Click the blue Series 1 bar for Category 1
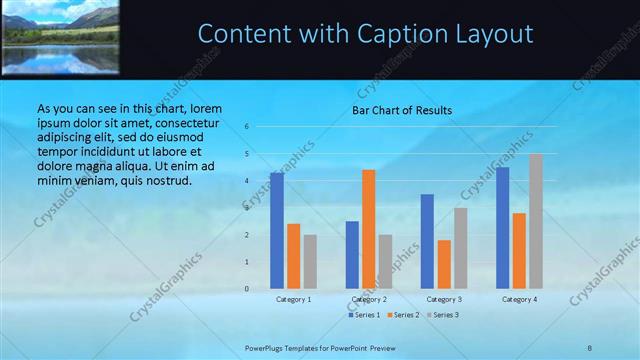tap(277, 230)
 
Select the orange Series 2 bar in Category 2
tap(369, 229)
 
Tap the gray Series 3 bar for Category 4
tap(536, 221)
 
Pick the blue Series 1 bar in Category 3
tap(427, 241)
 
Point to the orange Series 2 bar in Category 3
tap(444, 264)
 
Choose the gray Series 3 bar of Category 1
tap(310, 261)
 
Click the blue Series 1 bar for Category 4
tap(502, 227)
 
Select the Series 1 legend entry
tap(365, 315)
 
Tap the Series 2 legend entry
tap(402, 315)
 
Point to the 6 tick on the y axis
tap(246, 127)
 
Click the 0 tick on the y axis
tap(246, 289)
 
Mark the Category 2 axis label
tap(369, 299)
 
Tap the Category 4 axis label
tap(519, 299)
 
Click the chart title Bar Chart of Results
tap(401, 110)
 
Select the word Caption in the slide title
tap(394, 34)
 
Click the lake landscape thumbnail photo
tap(59, 36)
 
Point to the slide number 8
tap(590, 347)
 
